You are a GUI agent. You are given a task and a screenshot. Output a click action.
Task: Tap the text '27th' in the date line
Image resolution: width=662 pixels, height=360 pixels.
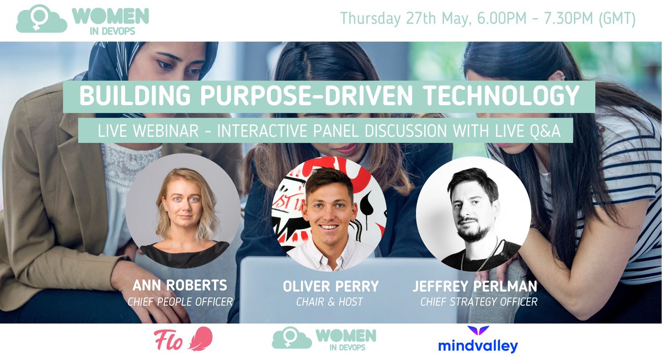421,19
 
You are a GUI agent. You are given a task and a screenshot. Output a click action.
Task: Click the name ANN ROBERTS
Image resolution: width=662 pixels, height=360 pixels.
180,286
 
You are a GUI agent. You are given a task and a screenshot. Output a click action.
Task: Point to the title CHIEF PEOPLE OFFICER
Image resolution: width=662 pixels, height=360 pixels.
180,302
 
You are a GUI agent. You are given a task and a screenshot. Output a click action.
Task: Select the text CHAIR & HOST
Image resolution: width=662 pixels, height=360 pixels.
330,302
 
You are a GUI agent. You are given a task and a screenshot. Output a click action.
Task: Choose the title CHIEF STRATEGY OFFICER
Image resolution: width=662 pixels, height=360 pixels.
479,302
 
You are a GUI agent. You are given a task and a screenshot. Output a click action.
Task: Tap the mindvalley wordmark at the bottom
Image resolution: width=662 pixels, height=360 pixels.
478,346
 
